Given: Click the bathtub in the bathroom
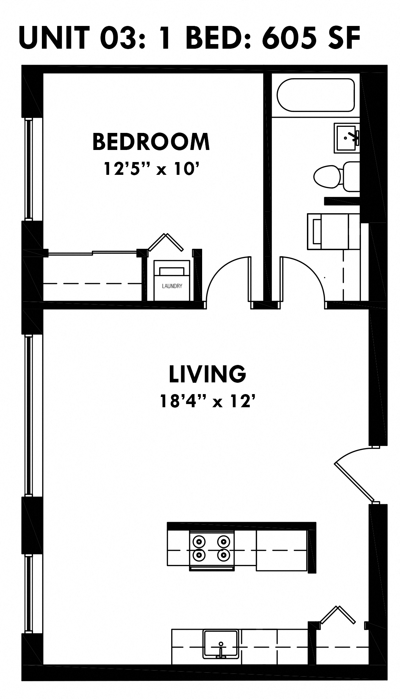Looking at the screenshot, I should coord(315,95).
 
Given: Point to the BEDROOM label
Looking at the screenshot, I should coord(151,141).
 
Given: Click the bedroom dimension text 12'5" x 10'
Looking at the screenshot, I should coord(151,168).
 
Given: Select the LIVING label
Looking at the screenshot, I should coord(207,374).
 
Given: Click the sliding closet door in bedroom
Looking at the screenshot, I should coord(92,253).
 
